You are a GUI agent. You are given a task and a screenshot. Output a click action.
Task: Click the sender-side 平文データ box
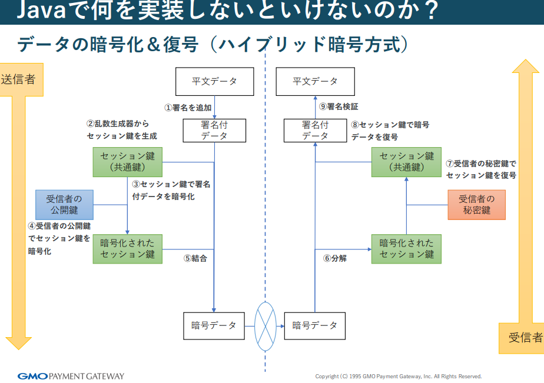point(214,81)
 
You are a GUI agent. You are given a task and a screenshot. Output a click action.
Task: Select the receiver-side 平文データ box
point(316,81)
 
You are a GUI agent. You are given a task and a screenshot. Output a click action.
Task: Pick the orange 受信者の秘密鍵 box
point(476,205)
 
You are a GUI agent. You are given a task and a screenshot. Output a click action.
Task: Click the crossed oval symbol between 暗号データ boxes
point(265,325)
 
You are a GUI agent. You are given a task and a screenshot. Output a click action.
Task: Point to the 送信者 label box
point(18,79)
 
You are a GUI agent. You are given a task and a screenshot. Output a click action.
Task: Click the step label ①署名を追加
point(188,108)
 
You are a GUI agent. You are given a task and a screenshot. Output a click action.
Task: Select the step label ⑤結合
point(195,258)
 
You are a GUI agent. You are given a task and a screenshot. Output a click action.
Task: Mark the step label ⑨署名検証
point(339,106)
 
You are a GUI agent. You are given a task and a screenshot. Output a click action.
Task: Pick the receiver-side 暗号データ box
point(315,325)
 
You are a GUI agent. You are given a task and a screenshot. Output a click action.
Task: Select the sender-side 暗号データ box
point(214,325)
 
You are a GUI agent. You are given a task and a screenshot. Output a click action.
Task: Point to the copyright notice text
point(399,376)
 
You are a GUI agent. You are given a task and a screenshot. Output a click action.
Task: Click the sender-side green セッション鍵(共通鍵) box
point(127,162)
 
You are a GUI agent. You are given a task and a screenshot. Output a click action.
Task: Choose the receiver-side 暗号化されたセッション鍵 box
point(406,249)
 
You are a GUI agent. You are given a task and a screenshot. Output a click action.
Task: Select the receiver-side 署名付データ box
point(315,130)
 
